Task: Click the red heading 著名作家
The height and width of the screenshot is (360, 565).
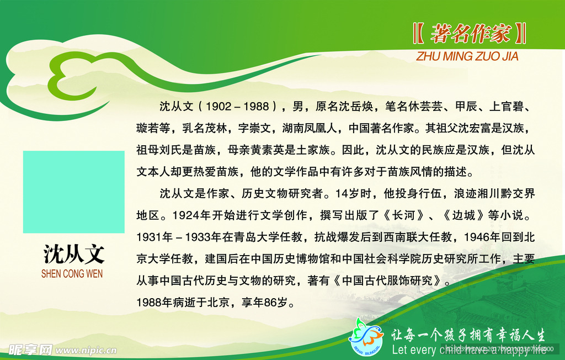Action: tap(470, 34)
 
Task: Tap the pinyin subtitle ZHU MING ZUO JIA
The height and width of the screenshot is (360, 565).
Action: tap(467, 56)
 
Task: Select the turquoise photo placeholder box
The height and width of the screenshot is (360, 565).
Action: tap(73, 192)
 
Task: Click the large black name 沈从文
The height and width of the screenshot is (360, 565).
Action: tap(73, 254)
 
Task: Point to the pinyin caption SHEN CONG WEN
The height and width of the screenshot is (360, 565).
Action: tap(72, 274)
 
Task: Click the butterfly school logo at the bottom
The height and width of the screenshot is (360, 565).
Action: tap(365, 336)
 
